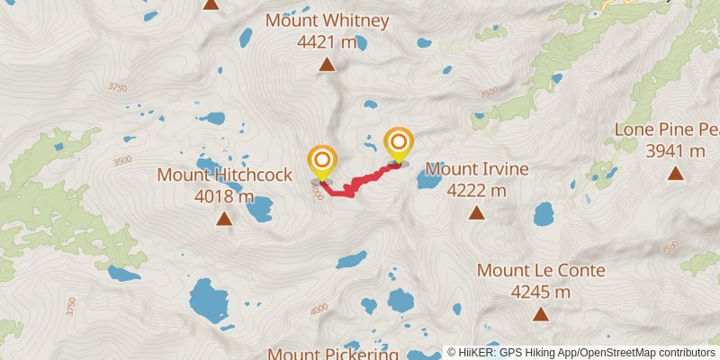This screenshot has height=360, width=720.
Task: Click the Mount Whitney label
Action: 327,20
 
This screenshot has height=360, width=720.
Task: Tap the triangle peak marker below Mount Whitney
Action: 327,65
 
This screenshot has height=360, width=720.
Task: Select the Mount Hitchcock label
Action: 224,175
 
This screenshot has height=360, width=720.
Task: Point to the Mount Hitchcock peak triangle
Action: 224,218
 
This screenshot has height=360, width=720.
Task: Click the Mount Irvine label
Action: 477,168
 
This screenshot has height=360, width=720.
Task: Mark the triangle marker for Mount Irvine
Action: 476,213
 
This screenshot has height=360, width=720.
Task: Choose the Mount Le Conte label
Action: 541,270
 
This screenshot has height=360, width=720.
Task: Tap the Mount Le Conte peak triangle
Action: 541,314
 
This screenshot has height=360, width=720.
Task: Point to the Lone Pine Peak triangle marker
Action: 676,173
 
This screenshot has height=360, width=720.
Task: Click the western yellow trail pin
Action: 321,161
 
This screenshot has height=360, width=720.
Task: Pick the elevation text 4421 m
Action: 327,41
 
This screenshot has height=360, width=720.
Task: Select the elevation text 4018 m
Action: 224,196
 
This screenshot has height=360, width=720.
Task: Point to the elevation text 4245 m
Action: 541,292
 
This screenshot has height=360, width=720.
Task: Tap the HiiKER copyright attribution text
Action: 580,352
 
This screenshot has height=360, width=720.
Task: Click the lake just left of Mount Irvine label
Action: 428,181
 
